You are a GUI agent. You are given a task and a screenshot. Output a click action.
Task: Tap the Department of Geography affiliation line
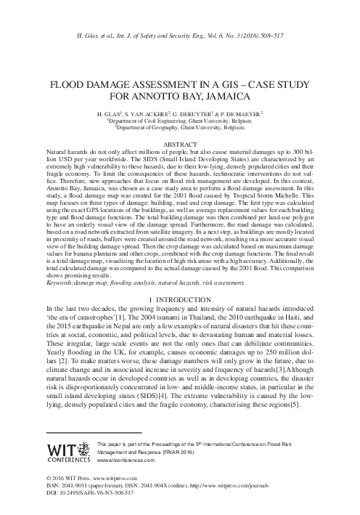click(x=180, y=128)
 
